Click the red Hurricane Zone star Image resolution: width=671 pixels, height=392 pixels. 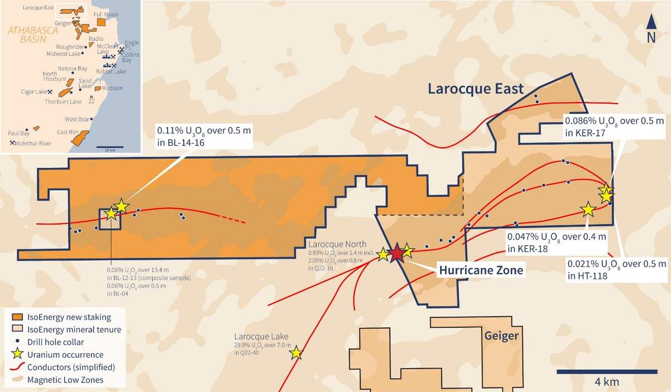point(396,253)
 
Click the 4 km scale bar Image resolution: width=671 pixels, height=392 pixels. point(607,371)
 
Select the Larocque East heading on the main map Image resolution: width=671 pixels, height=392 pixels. point(475,88)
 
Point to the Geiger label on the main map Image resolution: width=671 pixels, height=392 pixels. point(502,336)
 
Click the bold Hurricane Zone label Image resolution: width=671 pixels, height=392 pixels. point(481,270)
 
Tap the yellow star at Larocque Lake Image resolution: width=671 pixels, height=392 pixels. point(296,353)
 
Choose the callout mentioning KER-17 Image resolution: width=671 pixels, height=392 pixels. point(613,126)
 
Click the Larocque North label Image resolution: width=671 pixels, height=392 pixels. point(337,244)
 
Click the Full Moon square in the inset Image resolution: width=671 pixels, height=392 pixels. point(101,21)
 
